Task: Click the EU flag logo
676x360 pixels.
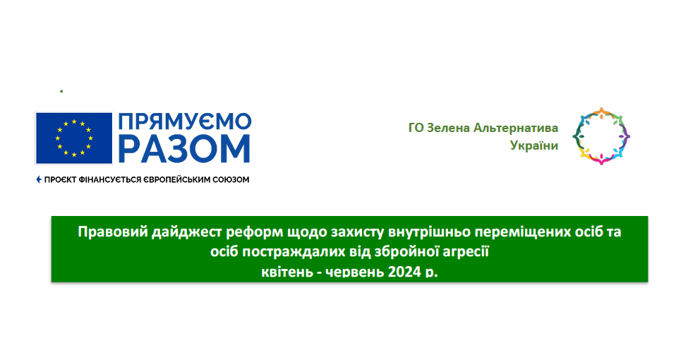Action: coord(73,138)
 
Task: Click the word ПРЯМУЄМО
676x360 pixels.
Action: coord(184,122)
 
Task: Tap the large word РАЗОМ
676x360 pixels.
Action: coord(184,149)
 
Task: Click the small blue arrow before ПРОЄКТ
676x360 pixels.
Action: coord(39,179)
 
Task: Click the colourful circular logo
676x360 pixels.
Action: coord(601,136)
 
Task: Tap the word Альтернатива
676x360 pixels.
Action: coord(516,128)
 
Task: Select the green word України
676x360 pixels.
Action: coord(534,145)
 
